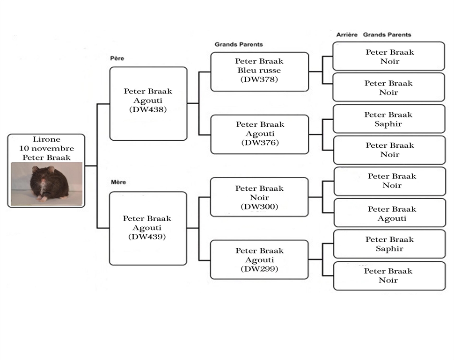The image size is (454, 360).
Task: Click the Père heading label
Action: click(117, 58)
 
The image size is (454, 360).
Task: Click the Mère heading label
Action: click(118, 182)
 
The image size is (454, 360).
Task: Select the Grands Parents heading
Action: click(239, 44)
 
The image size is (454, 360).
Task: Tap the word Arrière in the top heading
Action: click(347, 35)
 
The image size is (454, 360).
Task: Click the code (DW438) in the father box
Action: click(148, 109)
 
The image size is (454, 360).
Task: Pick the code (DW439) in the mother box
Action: click(147, 237)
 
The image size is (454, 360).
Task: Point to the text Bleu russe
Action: click(259, 70)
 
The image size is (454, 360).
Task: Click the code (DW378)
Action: click(259, 79)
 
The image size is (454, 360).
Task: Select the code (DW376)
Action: click(260, 143)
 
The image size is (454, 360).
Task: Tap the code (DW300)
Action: click(259, 207)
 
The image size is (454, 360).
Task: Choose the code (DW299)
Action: click(259, 269)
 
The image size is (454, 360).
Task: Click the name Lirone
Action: click(46, 139)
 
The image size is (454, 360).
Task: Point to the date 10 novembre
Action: click(47, 149)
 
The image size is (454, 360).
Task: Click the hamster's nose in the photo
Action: click(43, 181)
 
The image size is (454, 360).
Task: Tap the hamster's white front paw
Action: click(44, 199)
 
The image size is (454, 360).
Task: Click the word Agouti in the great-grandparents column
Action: click(392, 218)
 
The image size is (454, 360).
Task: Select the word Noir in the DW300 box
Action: click(259, 197)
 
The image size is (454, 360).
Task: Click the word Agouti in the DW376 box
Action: click(260, 134)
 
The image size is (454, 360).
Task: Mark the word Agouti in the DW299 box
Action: click(259, 260)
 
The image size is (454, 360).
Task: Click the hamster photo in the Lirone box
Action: click(47, 184)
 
